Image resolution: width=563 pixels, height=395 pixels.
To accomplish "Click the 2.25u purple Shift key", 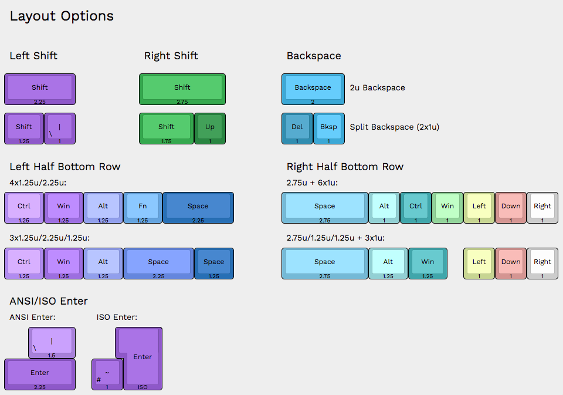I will [x=40, y=88].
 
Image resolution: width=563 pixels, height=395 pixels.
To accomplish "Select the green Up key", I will [x=210, y=127].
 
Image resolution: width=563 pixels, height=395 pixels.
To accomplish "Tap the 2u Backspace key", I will [x=313, y=88].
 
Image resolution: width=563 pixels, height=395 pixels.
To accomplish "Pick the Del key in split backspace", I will [x=297, y=127].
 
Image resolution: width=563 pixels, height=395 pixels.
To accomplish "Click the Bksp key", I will [x=328, y=127].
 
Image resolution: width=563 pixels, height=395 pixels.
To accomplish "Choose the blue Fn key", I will [x=143, y=207].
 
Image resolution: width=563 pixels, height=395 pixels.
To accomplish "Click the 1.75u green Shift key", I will [x=167, y=127].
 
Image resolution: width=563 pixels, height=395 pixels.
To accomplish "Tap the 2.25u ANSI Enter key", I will [x=40, y=373].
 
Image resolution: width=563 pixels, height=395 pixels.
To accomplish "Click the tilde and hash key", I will [x=107, y=374].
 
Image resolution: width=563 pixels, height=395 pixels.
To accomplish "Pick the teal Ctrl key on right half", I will [x=416, y=207].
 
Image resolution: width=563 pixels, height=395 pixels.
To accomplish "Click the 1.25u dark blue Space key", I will [x=213, y=262].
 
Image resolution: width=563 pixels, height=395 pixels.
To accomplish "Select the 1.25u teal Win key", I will [x=428, y=262].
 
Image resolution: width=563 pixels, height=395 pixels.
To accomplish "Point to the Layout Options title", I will [x=62, y=16].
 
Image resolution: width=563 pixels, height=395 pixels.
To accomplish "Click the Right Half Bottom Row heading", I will [x=345, y=167].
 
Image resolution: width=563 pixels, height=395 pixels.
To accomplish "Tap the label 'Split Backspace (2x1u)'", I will [x=394, y=127].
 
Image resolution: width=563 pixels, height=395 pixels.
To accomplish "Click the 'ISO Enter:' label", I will [x=117, y=317].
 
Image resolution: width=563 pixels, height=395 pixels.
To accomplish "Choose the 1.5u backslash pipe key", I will [x=52, y=342].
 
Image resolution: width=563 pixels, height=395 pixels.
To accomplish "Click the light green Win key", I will [x=447, y=207].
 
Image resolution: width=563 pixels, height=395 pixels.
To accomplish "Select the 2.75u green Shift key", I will [x=182, y=88].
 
